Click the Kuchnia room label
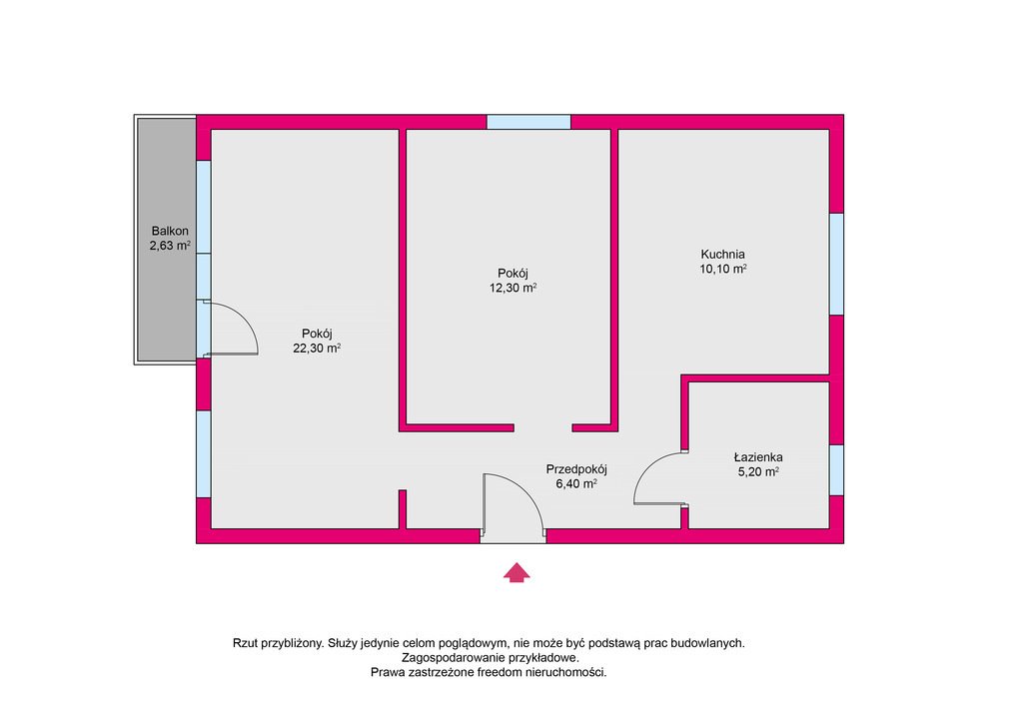(x=722, y=254)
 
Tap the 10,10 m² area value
(x=723, y=269)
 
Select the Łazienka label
(x=756, y=457)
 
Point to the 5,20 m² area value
(x=757, y=472)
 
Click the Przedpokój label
(x=576, y=468)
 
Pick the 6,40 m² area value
(x=576, y=483)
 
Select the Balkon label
(x=169, y=231)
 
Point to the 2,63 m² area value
(x=169, y=246)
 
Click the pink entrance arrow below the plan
(x=515, y=572)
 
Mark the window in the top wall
(x=528, y=122)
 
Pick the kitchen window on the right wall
(x=836, y=264)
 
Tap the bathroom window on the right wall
(x=836, y=469)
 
